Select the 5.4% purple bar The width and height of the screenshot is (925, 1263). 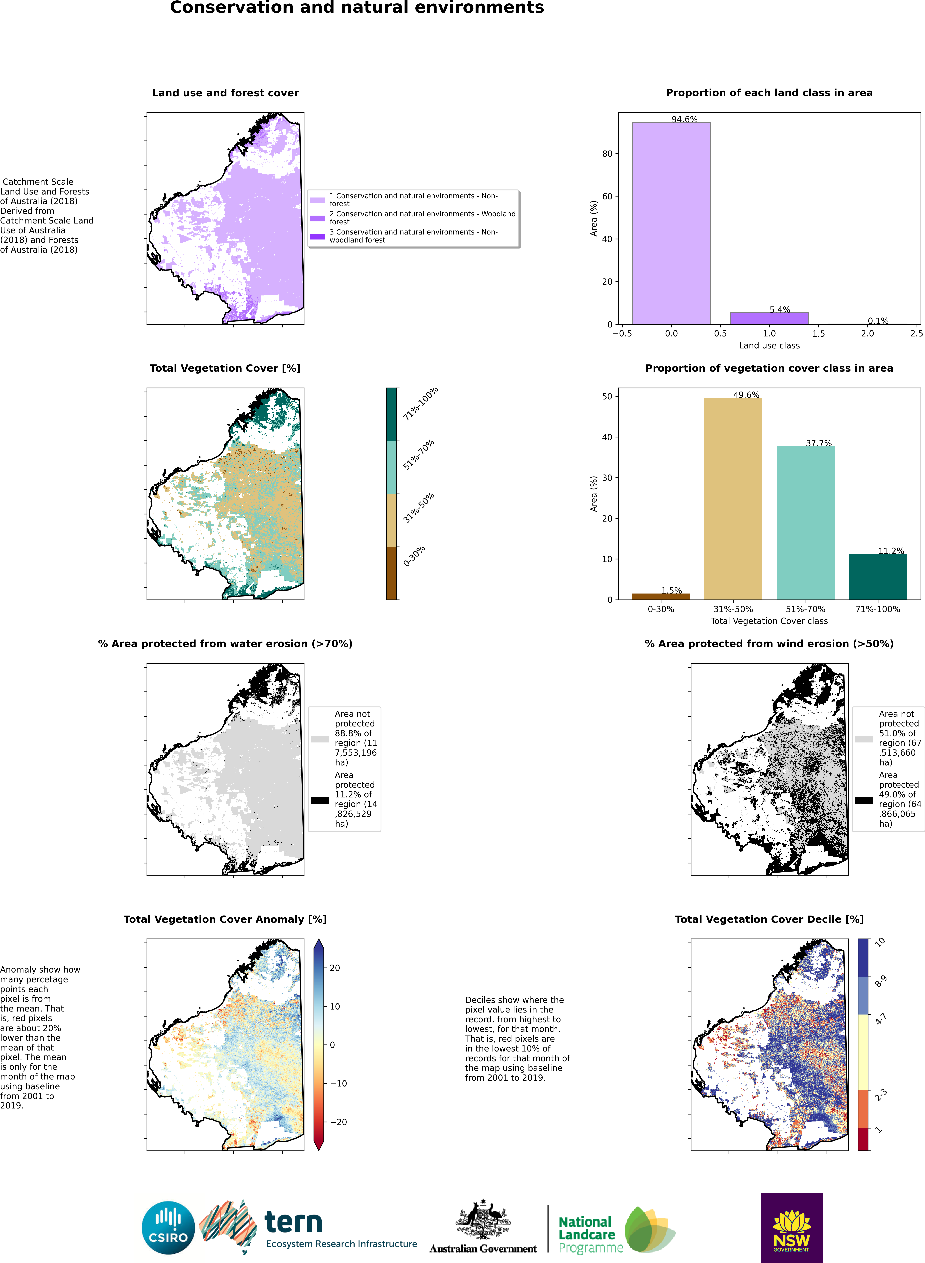point(769,318)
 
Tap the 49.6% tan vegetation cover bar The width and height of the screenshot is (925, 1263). point(733,498)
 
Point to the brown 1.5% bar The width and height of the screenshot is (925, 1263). point(661,597)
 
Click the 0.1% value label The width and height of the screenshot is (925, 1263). point(877,321)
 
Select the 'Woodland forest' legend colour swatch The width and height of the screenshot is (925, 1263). point(317,218)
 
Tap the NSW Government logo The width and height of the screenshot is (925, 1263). point(791,1227)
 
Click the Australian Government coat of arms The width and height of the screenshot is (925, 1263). point(483,1220)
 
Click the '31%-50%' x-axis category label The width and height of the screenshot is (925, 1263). point(733,609)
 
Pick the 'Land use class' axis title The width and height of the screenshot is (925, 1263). point(769,345)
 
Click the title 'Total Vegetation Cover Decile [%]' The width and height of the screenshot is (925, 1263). point(769,919)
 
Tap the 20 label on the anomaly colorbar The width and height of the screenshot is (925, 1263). point(334,968)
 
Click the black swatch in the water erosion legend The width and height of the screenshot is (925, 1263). point(319,800)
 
